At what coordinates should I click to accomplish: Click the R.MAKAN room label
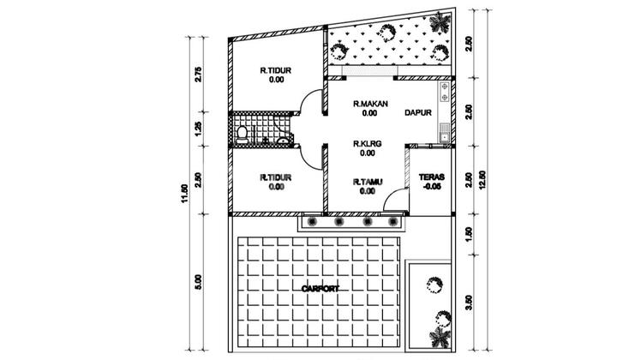[x=370, y=104]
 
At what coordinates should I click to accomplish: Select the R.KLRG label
[x=366, y=144]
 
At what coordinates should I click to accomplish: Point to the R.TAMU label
[x=367, y=182]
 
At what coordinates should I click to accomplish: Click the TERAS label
[x=431, y=178]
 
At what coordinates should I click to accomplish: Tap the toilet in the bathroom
[x=243, y=133]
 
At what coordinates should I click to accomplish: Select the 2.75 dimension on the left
[x=199, y=75]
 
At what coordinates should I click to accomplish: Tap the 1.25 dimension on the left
[x=199, y=129]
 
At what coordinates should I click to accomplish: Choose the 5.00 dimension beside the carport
[x=199, y=281]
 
